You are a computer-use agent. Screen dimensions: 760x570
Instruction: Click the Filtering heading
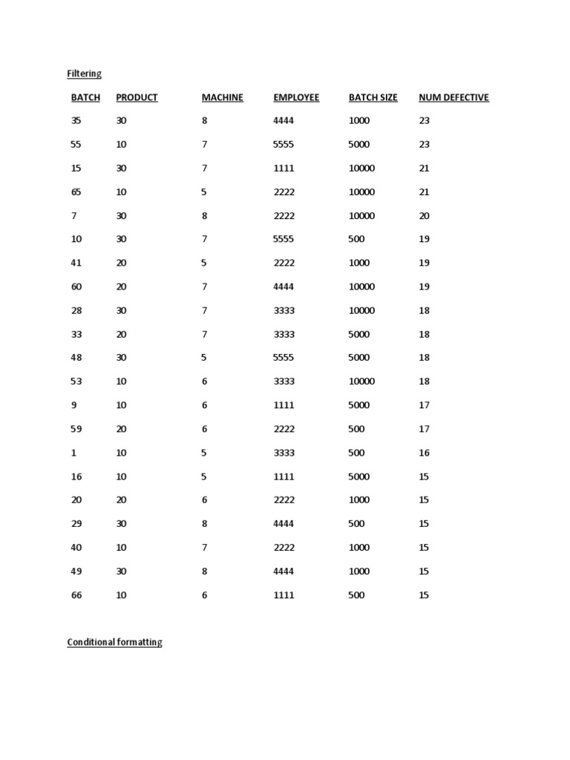pyautogui.click(x=84, y=73)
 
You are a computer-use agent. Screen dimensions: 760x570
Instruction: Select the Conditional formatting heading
pyautogui.click(x=114, y=642)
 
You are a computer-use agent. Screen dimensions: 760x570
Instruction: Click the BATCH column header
pyautogui.click(x=85, y=97)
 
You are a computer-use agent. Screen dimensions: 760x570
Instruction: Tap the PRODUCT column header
pyautogui.click(x=137, y=97)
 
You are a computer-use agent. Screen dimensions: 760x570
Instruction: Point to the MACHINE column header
pyautogui.click(x=222, y=97)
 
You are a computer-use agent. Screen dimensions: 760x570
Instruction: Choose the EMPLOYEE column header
pyautogui.click(x=296, y=97)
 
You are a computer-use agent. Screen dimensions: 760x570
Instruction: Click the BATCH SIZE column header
pyautogui.click(x=373, y=97)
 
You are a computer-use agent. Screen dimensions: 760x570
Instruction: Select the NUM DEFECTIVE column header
pyautogui.click(x=453, y=97)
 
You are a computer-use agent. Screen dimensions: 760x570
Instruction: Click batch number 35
pyautogui.click(x=76, y=120)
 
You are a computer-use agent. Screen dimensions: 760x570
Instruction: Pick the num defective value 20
pyautogui.click(x=425, y=215)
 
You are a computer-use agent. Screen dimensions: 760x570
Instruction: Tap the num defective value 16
pyautogui.click(x=425, y=453)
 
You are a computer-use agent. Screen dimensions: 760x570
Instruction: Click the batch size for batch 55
pyautogui.click(x=359, y=144)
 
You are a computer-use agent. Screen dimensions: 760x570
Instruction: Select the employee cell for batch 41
pyautogui.click(x=284, y=263)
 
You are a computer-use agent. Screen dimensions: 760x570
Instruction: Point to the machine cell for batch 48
pyautogui.click(x=204, y=358)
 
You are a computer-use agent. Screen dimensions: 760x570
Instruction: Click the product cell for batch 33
pyautogui.click(x=122, y=334)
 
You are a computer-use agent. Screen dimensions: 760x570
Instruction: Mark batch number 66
pyautogui.click(x=76, y=595)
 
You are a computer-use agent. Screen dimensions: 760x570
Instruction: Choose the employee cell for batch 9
pyautogui.click(x=284, y=405)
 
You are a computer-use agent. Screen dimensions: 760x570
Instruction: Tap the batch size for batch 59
pyautogui.click(x=356, y=429)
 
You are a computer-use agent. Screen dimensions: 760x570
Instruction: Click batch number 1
pyautogui.click(x=73, y=453)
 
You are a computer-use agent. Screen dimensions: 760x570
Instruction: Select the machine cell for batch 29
pyautogui.click(x=204, y=524)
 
